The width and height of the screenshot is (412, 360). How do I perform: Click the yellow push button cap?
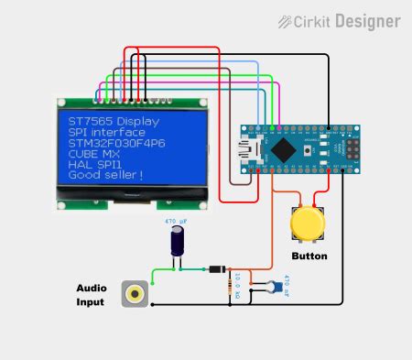click(307, 224)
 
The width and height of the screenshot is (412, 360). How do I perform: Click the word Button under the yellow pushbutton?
click(309, 256)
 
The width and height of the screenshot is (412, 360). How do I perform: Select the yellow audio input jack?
click(136, 294)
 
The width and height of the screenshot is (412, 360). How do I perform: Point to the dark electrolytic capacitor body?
click(176, 242)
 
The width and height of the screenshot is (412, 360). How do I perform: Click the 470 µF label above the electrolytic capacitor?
click(176, 221)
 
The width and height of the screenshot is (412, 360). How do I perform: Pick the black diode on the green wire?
click(214, 269)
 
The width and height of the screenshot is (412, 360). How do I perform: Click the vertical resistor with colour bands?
click(229, 289)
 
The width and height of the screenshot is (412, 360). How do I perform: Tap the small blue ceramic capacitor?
click(271, 287)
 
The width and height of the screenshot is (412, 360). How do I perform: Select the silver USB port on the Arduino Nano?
click(249, 147)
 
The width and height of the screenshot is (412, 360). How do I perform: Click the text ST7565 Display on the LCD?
click(114, 121)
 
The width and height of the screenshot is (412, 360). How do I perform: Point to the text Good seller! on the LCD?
click(105, 175)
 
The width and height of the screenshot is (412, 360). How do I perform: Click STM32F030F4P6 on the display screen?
click(116, 143)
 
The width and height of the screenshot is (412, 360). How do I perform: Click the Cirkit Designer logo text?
click(352, 20)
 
